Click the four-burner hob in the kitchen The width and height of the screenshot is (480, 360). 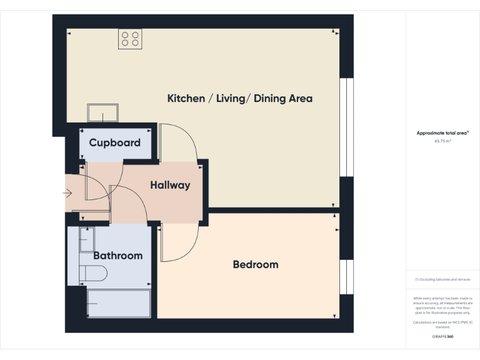131,39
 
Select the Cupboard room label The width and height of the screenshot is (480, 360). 114,142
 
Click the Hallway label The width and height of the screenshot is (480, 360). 170,186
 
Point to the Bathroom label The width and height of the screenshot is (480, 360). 117,256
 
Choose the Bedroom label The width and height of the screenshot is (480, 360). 255,264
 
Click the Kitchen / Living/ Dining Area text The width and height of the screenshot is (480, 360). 240,99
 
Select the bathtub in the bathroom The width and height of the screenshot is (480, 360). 119,303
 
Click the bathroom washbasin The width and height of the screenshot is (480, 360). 86,239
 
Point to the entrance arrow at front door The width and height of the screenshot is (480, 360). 67,194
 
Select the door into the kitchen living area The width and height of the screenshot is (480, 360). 179,142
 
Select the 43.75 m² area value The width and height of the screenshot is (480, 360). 442,141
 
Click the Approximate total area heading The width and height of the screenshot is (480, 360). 442,133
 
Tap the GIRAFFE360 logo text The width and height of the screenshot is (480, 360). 442,337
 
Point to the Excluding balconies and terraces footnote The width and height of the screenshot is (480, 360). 442,279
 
